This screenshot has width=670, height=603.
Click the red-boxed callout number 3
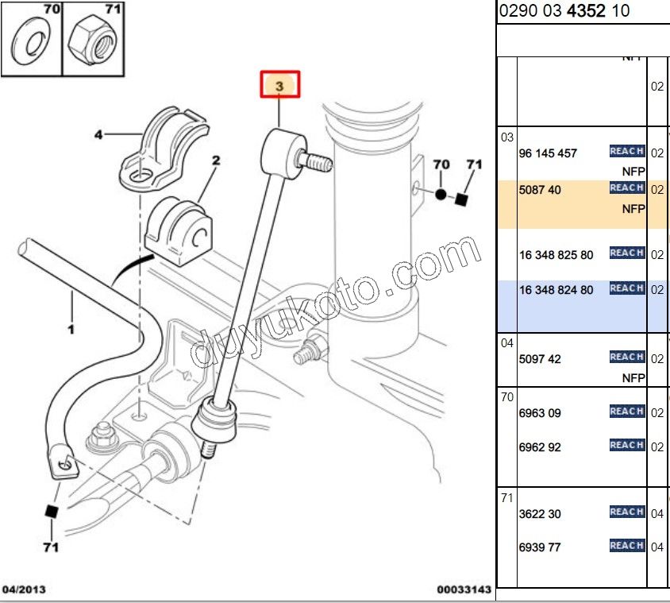[281, 84]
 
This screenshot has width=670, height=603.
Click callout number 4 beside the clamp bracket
[98, 135]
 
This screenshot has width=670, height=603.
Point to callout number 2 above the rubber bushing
[215, 160]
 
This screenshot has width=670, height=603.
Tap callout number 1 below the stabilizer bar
[71, 328]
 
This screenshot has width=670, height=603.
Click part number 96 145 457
[548, 153]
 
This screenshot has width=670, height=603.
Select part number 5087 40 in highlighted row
[539, 190]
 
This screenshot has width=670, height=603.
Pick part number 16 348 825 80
[556, 255]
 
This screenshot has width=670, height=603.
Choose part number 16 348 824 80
[556, 291]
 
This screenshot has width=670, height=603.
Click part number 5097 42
[540, 359]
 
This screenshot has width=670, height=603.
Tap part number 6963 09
[540, 413]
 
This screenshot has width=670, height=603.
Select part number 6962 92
[540, 447]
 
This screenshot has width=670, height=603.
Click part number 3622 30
[540, 514]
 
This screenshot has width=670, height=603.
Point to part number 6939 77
[540, 547]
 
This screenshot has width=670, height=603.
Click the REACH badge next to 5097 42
[626, 358]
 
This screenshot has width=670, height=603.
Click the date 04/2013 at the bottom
[24, 589]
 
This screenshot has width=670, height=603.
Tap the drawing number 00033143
[464, 589]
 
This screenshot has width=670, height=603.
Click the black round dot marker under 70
[441, 194]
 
